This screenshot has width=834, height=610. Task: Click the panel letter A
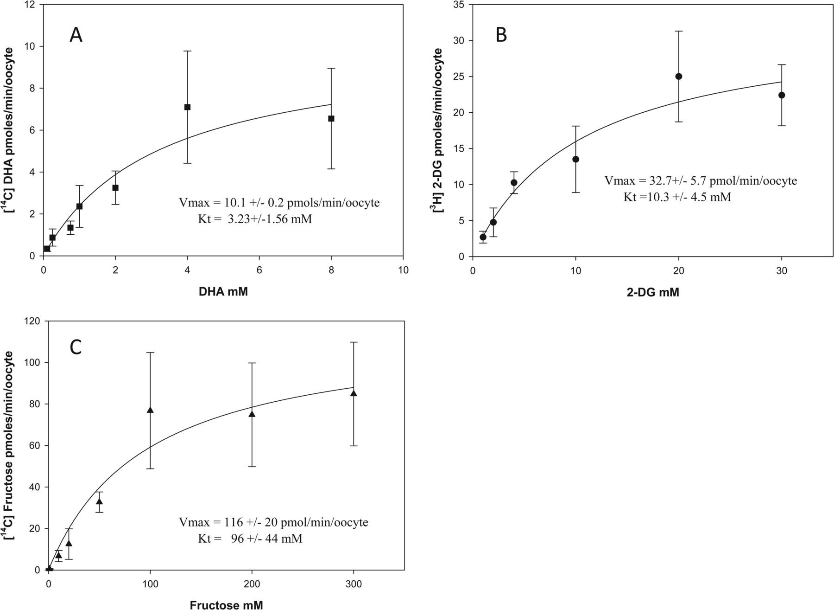point(76,35)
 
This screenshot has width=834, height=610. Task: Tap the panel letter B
point(501,35)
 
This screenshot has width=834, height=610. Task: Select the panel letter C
point(76,347)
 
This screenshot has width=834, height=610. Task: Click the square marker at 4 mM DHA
point(187,107)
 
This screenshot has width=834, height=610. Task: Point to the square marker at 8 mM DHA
point(331,119)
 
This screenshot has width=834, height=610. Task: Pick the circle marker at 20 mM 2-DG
point(679,77)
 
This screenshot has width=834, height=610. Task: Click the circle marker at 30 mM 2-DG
point(782,95)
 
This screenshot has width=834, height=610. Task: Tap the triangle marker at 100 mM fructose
point(150,410)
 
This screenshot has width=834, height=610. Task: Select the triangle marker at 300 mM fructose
point(354,393)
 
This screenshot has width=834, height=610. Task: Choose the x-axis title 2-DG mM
point(651,293)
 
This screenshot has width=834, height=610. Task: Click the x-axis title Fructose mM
point(227,604)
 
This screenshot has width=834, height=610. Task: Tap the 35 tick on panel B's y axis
point(462,5)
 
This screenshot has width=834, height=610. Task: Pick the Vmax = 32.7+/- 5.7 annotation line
point(701,181)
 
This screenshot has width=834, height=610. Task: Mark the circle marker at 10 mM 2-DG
point(576,160)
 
